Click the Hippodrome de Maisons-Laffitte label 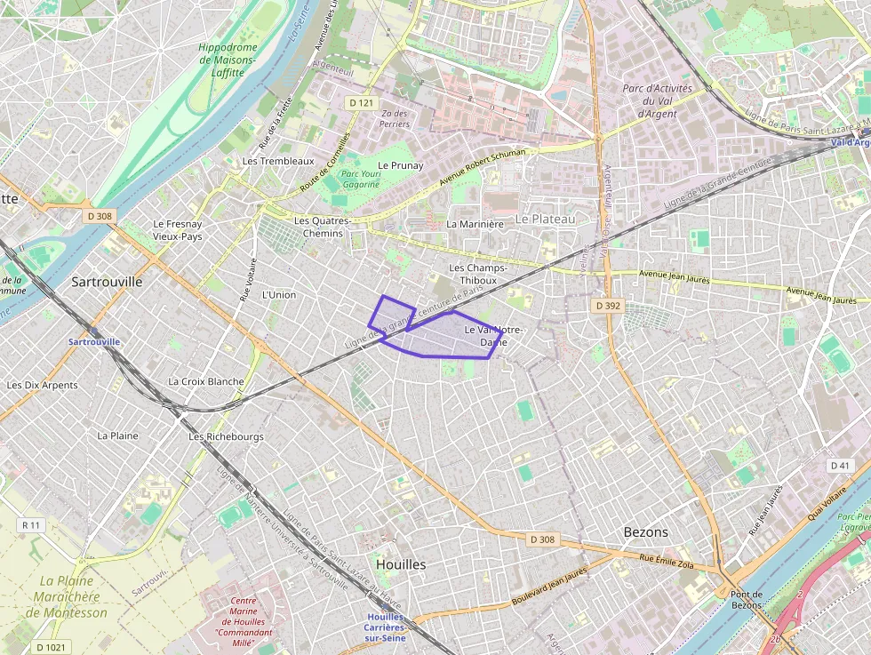click(228, 60)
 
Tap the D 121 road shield click(361, 103)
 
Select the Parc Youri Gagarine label click(361, 179)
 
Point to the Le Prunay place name click(401, 165)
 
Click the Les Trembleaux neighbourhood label click(278, 161)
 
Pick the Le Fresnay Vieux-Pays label click(178, 230)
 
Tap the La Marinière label click(475, 224)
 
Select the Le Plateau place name click(546, 219)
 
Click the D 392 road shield click(607, 305)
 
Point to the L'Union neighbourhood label click(279, 294)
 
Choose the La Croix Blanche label click(206, 381)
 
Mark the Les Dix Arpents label click(43, 385)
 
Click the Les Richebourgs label click(226, 436)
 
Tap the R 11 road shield click(31, 525)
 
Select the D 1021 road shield click(51, 646)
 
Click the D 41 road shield click(840, 466)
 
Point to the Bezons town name click(645, 531)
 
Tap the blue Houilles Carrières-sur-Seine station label click(385, 627)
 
